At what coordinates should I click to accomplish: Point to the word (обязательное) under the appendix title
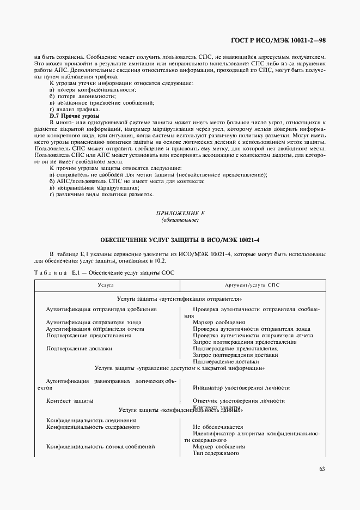180,221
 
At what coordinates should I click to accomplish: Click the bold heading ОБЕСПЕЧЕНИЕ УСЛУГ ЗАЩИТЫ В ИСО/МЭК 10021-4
180,240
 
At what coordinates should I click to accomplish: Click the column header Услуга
106,285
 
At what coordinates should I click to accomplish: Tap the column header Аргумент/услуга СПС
252,285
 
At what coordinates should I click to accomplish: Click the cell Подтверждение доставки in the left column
79,348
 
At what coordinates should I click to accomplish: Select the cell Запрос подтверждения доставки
235,355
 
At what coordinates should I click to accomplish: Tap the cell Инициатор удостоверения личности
241,388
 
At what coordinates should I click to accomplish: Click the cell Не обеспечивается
218,427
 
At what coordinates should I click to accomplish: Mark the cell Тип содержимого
216,453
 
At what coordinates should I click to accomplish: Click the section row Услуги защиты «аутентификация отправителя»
180,299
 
